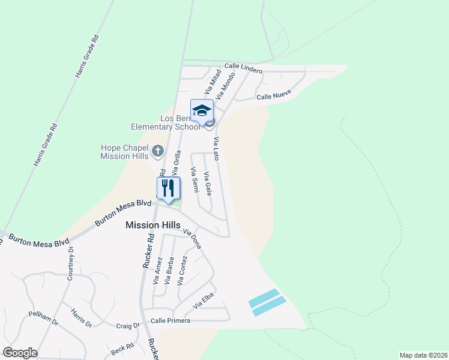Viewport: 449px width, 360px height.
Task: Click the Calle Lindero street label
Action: (243, 68)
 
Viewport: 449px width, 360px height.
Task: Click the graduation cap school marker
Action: (202, 111)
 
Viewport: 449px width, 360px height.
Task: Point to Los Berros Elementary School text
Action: (166, 122)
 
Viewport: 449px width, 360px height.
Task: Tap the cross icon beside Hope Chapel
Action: (157, 150)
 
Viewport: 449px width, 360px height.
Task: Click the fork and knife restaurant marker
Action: (168, 188)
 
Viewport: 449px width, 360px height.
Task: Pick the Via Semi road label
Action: (194, 179)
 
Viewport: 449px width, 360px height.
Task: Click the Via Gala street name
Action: (208, 184)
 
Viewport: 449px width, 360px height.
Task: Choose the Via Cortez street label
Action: (182, 270)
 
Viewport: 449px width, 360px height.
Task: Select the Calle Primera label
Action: (170, 321)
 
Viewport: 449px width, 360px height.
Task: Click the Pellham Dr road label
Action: (43, 318)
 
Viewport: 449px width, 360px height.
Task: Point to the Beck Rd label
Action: (122, 349)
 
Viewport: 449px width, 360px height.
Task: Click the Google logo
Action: (20, 352)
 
